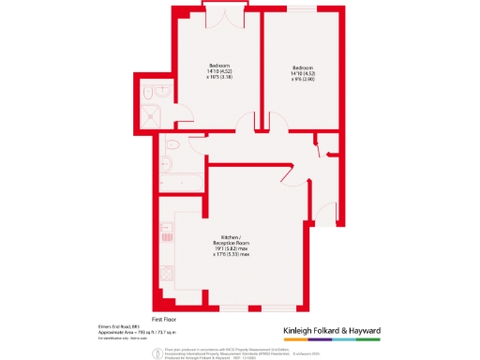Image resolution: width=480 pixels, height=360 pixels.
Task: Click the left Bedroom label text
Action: point(218,66)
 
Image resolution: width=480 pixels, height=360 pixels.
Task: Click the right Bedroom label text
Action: point(302,67)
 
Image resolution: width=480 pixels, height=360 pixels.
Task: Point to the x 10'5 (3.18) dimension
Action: point(219,78)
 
